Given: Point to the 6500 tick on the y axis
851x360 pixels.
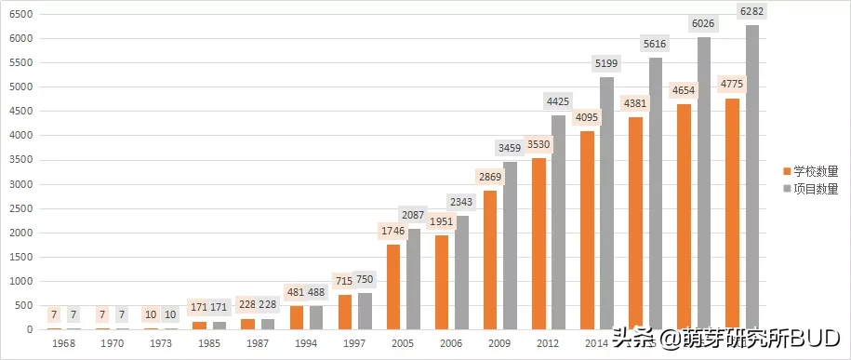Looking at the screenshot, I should pyautogui.click(x=20, y=14).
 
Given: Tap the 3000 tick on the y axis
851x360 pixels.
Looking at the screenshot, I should pyautogui.click(x=20, y=184).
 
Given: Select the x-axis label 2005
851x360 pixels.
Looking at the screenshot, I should pyautogui.click(x=403, y=344).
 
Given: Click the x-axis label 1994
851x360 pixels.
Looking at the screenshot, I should pyautogui.click(x=306, y=344).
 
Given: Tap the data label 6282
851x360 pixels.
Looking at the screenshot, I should pyautogui.click(x=751, y=11).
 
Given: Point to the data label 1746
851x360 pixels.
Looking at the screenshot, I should pyautogui.click(x=392, y=231).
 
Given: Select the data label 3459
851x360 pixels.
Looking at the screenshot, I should pyautogui.click(x=510, y=147).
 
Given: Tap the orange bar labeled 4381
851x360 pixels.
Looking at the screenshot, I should pyautogui.click(x=635, y=223).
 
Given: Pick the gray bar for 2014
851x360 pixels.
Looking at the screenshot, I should pyautogui.click(x=607, y=204).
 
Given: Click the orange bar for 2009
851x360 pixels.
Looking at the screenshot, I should pyautogui.click(x=490, y=260).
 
